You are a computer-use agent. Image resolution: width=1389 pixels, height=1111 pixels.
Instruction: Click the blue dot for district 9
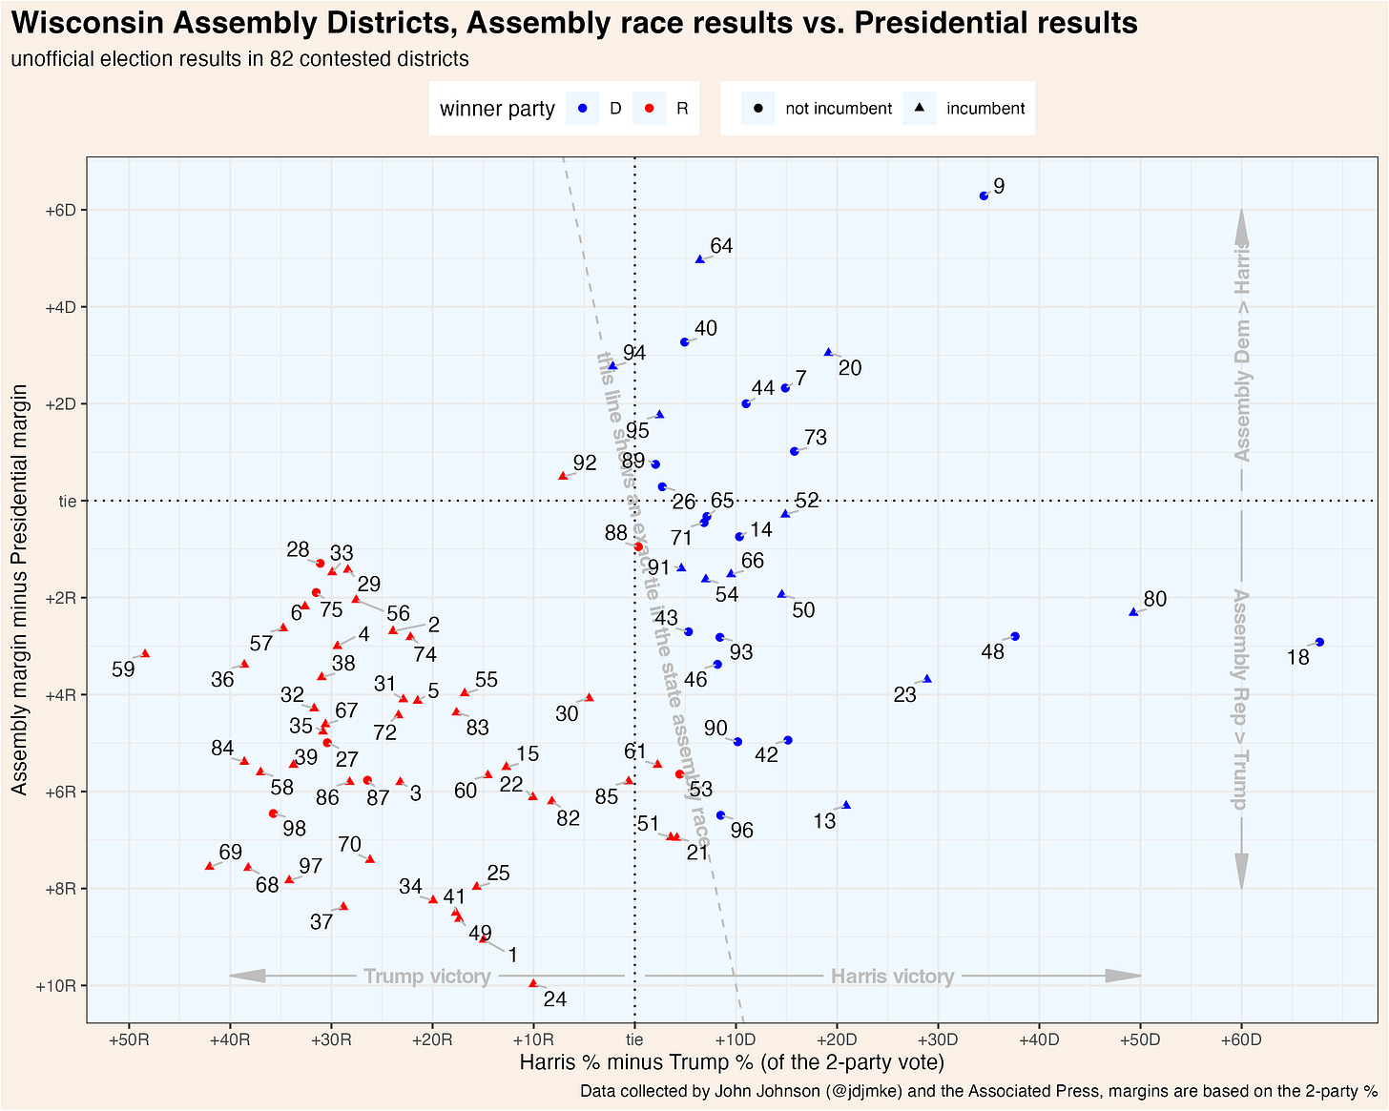pos(984,195)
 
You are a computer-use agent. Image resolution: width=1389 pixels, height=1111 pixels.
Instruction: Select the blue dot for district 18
pos(1319,642)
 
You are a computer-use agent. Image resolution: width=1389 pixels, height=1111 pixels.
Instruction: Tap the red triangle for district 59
pos(145,653)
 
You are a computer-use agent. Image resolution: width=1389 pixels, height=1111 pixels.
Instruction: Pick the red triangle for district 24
pos(533,983)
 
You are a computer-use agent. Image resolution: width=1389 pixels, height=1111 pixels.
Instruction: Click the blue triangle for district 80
pos(1133,612)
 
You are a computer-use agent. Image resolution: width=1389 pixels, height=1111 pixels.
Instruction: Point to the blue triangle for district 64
pos(699,259)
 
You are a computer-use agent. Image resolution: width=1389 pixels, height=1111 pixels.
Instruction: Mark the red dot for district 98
pos(273,813)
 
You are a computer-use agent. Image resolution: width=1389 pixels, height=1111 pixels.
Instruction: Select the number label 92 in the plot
pos(585,463)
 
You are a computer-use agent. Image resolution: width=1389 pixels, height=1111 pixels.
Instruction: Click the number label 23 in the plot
pos(904,695)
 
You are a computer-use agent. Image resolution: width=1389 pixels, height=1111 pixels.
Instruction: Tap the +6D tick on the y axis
pos(61,210)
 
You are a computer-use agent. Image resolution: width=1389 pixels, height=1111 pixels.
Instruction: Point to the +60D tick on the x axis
pos(1241,1039)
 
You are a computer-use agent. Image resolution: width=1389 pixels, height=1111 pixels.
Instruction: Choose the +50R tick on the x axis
pos(129,1039)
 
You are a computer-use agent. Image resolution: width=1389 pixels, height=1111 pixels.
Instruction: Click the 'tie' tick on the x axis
pos(634,1039)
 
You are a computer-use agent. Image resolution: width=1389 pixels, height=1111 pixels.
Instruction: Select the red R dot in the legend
pos(649,109)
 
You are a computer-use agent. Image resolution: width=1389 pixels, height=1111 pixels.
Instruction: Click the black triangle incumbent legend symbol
pos(919,109)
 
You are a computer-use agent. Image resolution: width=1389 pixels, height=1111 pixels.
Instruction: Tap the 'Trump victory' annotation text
pos(427,977)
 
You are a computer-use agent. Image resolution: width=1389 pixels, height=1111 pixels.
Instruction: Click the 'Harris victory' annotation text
pos(892,977)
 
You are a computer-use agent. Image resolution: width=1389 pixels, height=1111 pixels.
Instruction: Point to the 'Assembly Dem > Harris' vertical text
pos(1242,351)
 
